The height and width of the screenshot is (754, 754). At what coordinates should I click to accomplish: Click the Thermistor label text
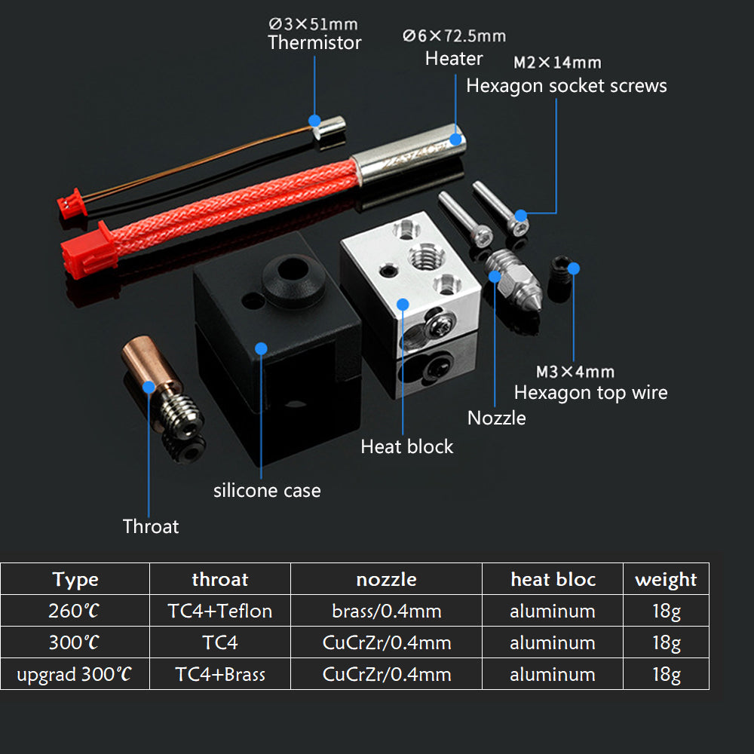coord(314,43)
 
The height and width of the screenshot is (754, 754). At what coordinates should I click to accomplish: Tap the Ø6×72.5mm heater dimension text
coord(454,35)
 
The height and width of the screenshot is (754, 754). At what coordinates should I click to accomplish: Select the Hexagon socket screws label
coord(566,86)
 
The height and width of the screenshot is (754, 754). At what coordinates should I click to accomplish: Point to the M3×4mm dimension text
coord(575,372)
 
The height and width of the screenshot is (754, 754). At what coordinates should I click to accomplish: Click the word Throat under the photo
coord(151,526)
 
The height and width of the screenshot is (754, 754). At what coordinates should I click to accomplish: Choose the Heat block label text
coord(406,446)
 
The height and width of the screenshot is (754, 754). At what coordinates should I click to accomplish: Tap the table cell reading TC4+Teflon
coord(219,611)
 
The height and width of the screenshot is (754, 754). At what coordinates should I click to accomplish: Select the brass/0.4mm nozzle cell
coord(386,611)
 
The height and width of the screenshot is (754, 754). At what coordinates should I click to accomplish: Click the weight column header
coord(666,579)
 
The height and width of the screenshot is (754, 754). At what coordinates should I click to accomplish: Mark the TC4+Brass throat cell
coord(219,674)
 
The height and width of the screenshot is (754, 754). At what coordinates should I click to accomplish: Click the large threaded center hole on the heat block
coord(421,255)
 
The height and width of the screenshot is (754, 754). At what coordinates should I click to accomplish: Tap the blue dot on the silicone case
coord(261,348)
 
